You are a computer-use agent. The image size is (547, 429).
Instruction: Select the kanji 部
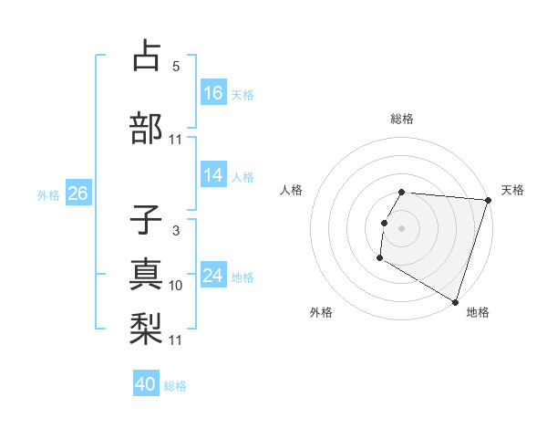click(x=147, y=127)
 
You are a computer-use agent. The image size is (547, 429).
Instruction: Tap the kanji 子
click(x=147, y=221)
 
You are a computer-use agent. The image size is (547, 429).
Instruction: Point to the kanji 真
click(x=147, y=273)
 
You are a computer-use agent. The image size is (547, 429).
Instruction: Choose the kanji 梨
click(x=147, y=326)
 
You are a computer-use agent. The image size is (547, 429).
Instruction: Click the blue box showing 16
click(x=213, y=93)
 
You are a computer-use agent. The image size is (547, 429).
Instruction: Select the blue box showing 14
click(x=213, y=176)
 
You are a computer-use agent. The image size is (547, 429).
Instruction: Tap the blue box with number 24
click(x=213, y=276)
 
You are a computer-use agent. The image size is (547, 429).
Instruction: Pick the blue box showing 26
click(x=77, y=194)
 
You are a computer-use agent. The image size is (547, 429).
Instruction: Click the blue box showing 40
click(x=146, y=384)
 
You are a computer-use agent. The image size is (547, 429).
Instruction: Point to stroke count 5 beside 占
click(x=175, y=66)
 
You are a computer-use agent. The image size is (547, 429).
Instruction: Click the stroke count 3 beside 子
click(x=175, y=231)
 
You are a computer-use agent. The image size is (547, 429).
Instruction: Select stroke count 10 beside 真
click(x=176, y=286)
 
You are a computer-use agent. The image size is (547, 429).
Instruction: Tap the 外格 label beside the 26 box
click(x=48, y=194)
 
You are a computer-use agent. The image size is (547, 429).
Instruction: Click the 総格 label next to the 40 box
click(x=175, y=385)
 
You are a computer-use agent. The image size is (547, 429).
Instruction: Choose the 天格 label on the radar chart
click(x=512, y=190)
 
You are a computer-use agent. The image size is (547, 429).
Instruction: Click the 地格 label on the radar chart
click(x=478, y=312)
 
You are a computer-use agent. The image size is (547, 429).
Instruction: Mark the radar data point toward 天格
click(x=489, y=200)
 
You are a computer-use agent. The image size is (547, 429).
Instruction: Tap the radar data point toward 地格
click(x=455, y=300)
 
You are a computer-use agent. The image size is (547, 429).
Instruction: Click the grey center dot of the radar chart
click(x=401, y=228)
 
